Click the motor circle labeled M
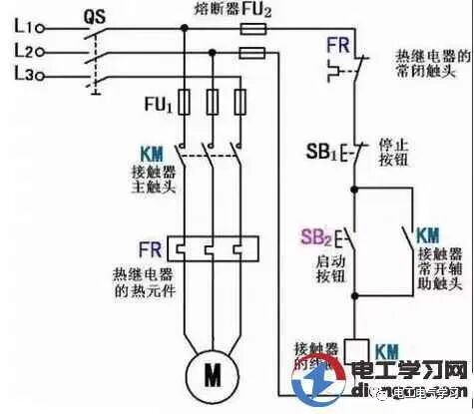(212, 375)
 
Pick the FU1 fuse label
(160, 102)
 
